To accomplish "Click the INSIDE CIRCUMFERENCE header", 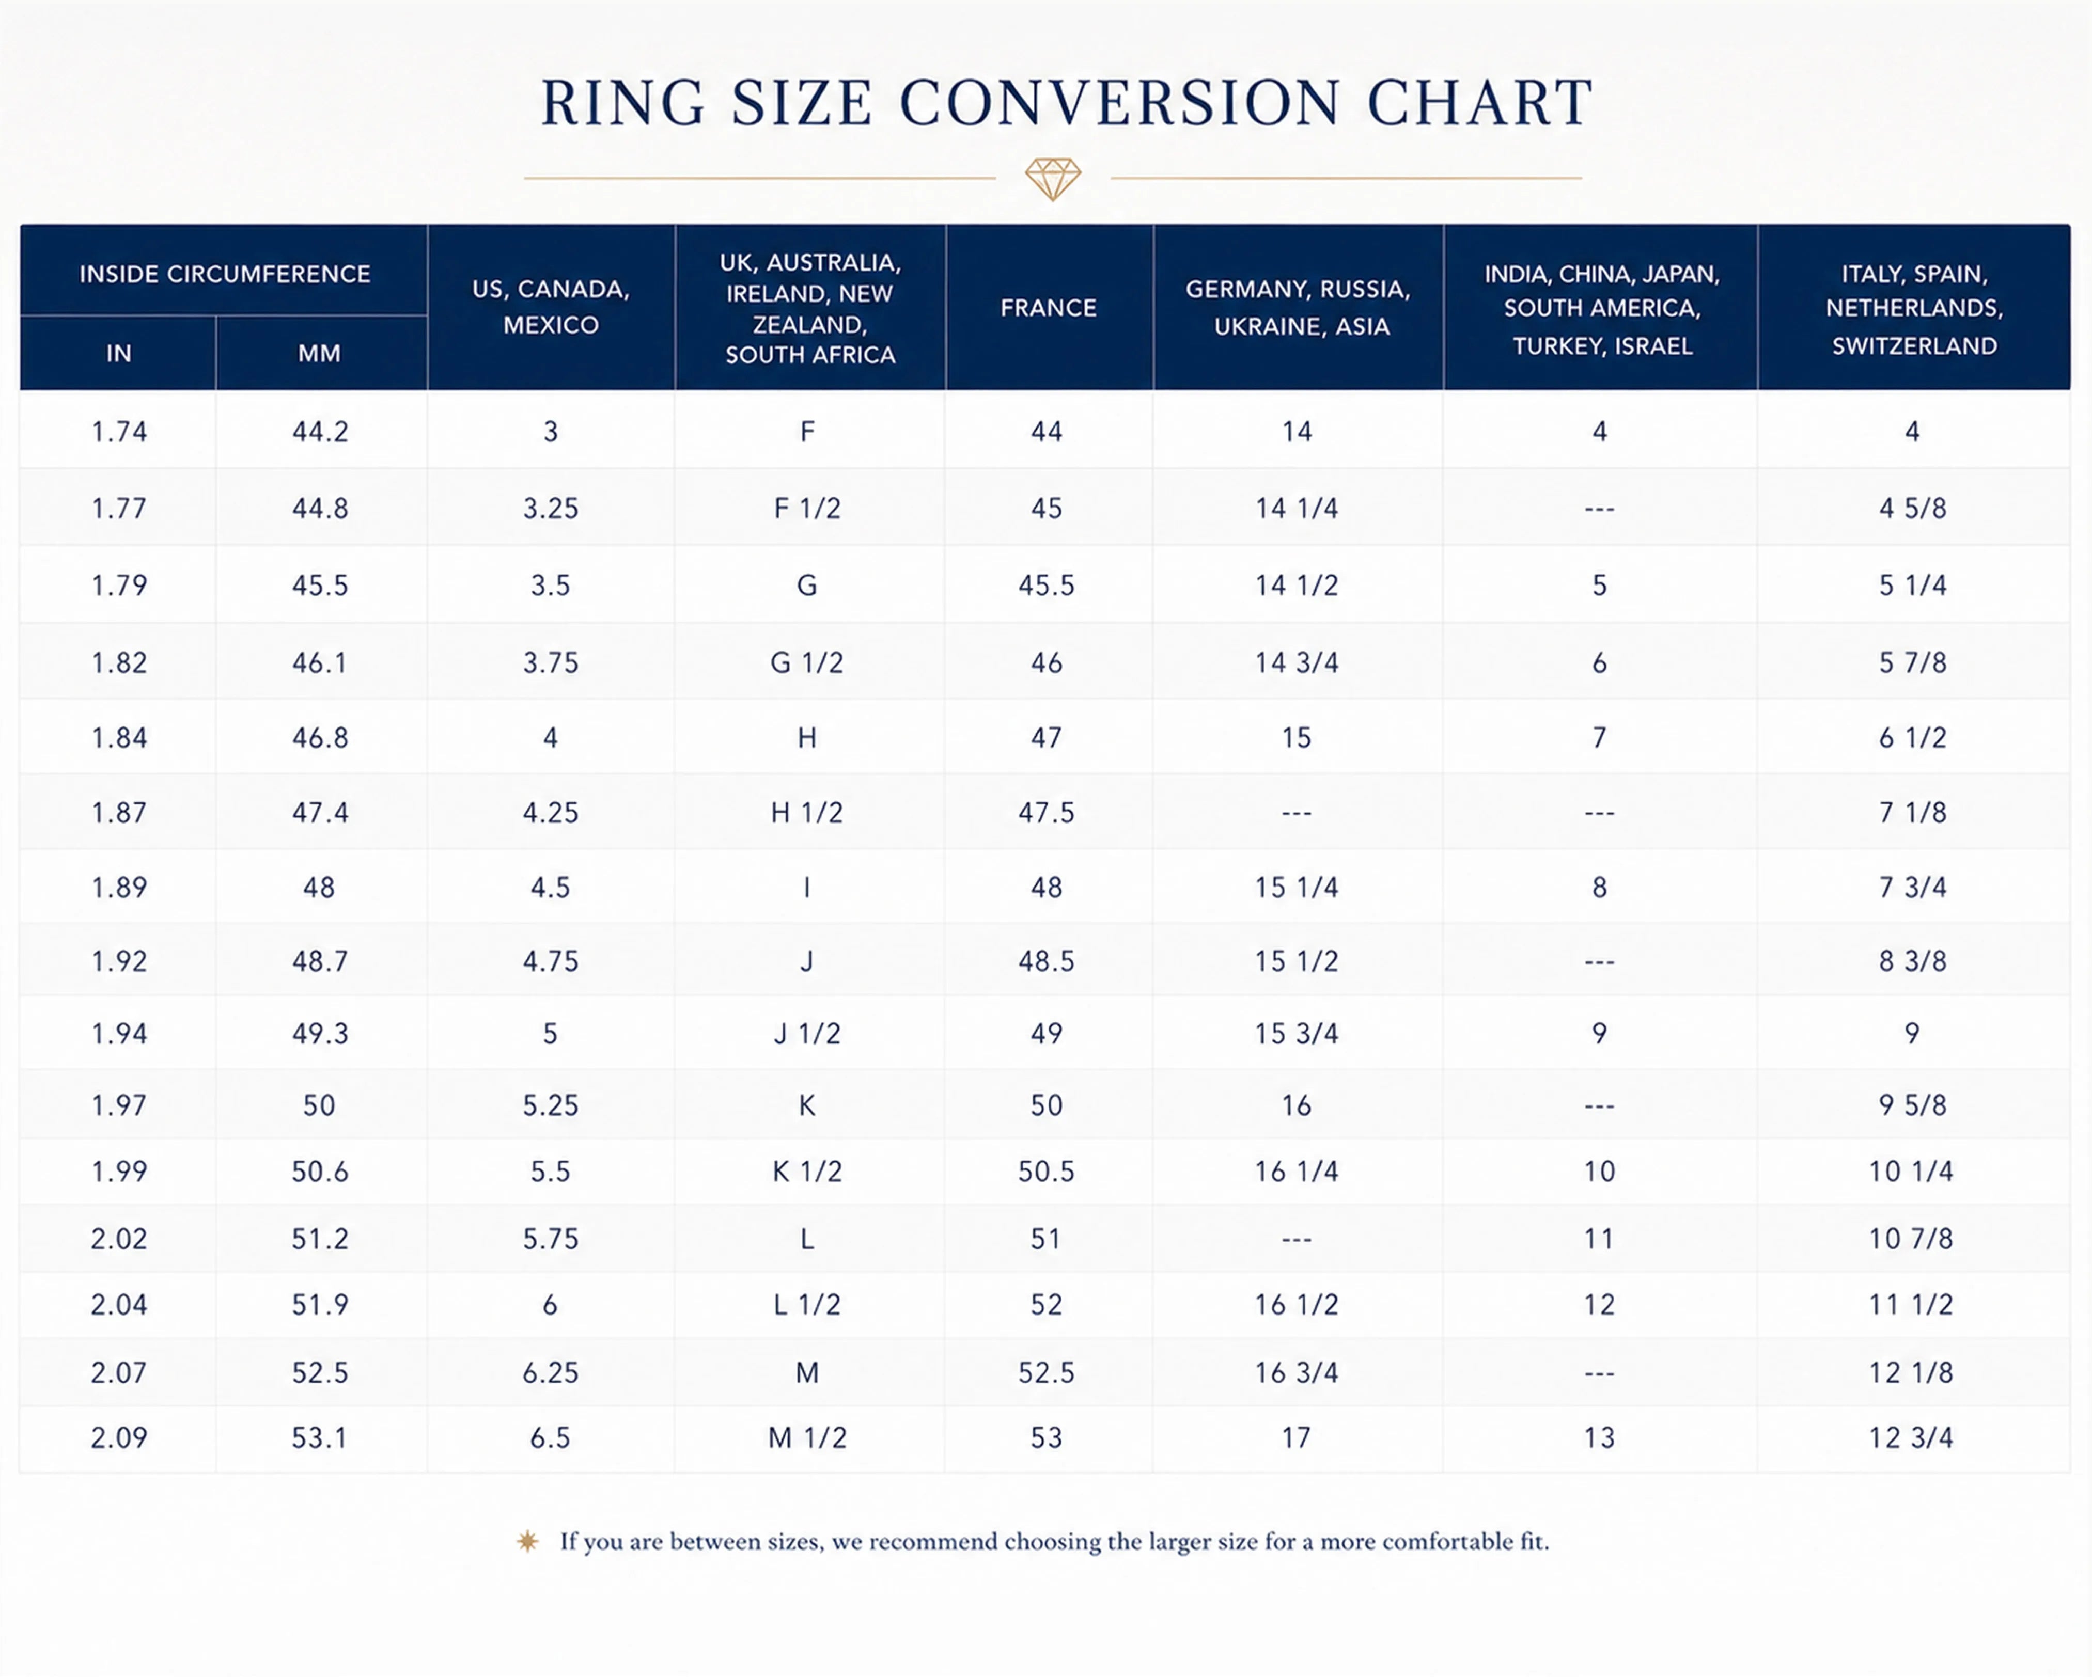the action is [224, 275].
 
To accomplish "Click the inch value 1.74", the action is [119, 432].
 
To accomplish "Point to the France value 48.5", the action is [1046, 961].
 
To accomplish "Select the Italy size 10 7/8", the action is [1911, 1239].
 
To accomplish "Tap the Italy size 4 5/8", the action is [1912, 508].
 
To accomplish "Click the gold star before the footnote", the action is [528, 1541].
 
